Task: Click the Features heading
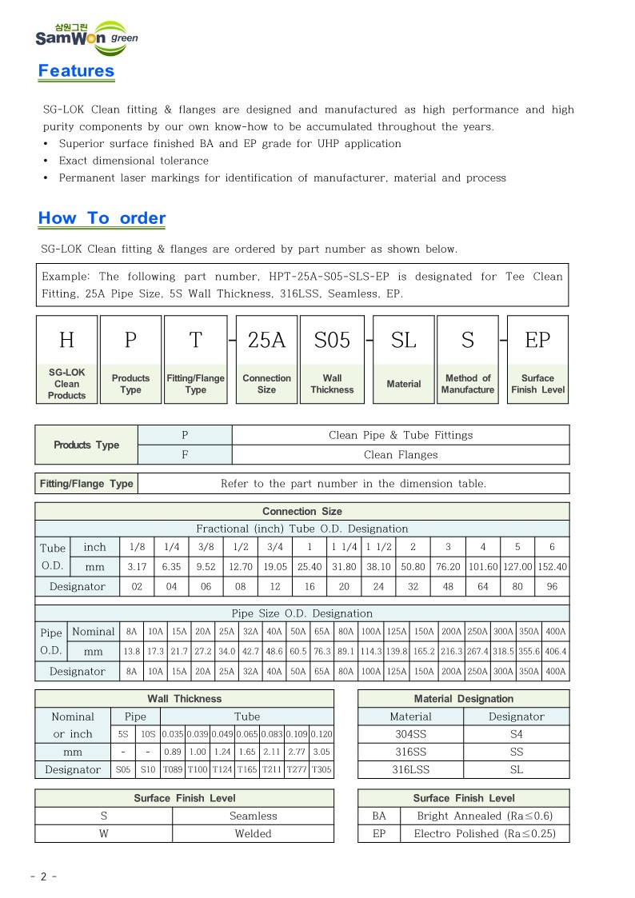point(76,70)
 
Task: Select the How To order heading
point(102,218)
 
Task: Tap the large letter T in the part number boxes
point(196,341)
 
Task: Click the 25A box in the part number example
point(266,341)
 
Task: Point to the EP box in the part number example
point(537,341)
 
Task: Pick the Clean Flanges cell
point(401,455)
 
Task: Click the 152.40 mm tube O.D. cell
point(552,567)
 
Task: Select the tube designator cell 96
point(552,586)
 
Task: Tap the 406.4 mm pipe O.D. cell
point(556,652)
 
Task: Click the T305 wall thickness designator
point(321,770)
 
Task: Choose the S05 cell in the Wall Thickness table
point(123,770)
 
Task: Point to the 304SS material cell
point(410,734)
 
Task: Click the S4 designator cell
point(516,734)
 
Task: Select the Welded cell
point(253,833)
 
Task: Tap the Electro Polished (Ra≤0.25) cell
point(483,833)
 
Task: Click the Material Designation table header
point(463,699)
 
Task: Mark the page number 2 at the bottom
point(43,876)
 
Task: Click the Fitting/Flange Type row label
point(86,484)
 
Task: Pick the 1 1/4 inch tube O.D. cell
point(345,548)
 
